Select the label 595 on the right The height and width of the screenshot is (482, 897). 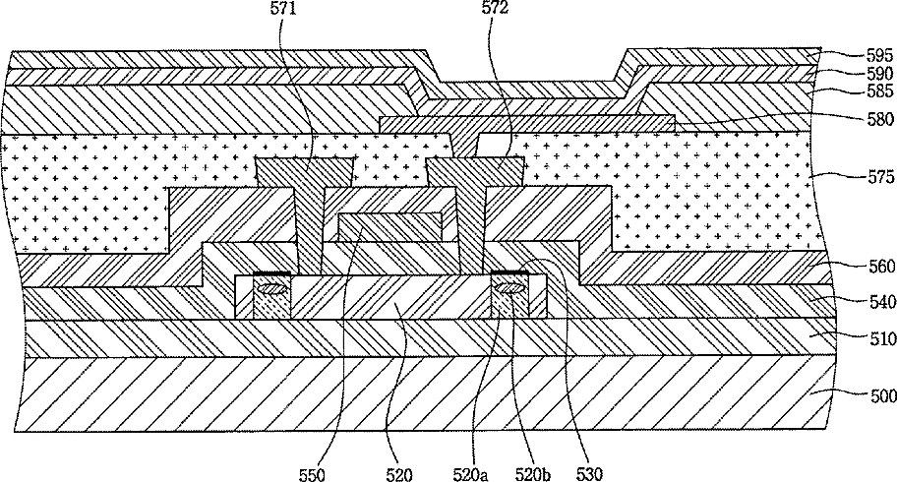coord(879,55)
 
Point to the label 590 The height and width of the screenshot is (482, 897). coord(879,75)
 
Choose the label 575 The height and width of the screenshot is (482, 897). coord(879,177)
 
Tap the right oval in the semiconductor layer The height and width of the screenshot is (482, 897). coord(508,288)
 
